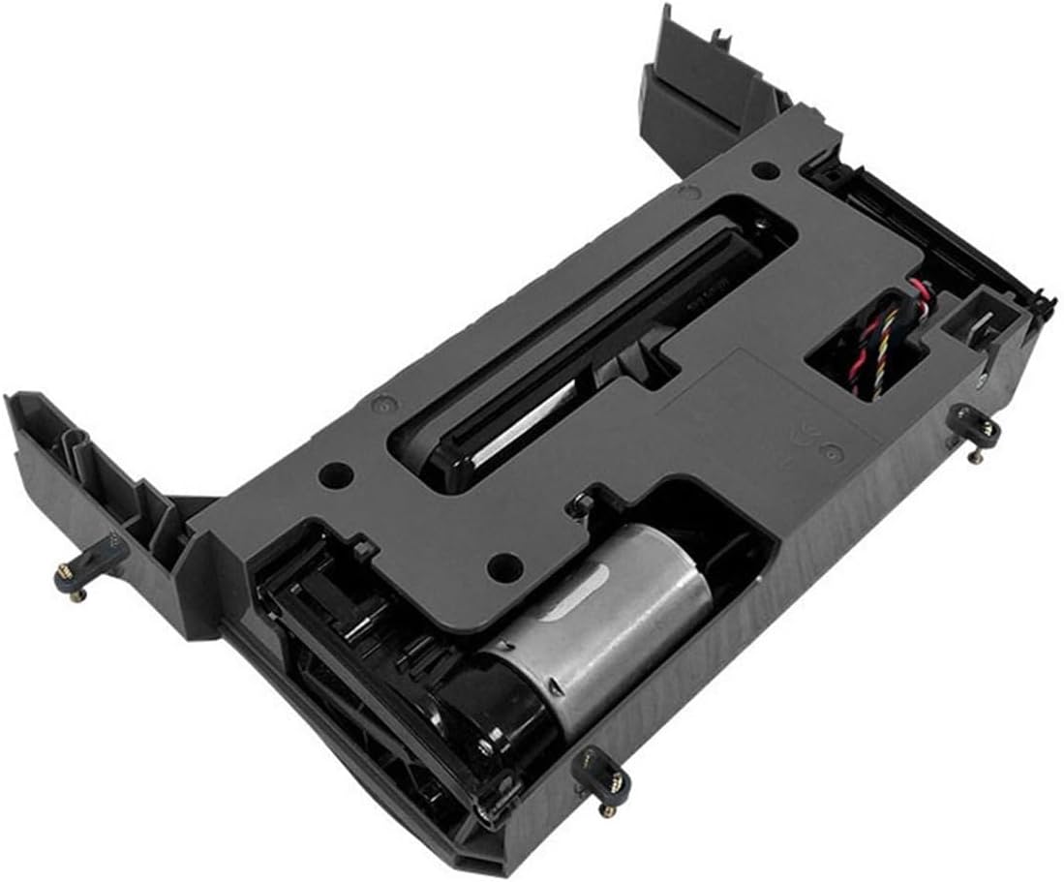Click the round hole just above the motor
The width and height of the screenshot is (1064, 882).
(501, 563)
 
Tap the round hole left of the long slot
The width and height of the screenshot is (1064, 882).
(335, 473)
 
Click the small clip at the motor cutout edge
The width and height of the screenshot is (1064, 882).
(580, 503)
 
